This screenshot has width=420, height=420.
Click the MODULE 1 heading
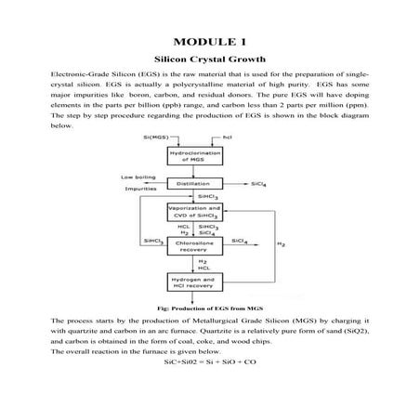pos(209,43)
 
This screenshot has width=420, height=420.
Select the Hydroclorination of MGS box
pos(190,154)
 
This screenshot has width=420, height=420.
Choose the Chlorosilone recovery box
pos(190,243)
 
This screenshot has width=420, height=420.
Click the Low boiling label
pos(138,177)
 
